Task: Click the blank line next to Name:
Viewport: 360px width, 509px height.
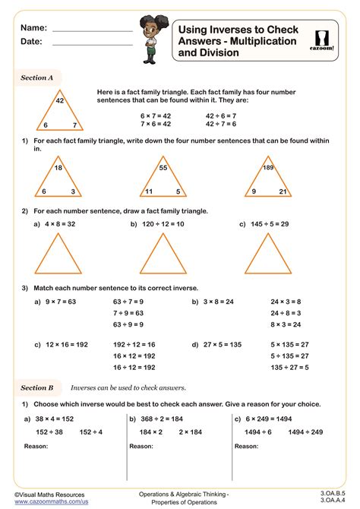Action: [x=92, y=30]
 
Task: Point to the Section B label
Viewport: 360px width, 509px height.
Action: [x=37, y=387]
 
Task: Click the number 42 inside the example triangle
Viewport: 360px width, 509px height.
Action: [x=60, y=100]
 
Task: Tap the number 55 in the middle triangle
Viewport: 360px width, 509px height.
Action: [x=163, y=166]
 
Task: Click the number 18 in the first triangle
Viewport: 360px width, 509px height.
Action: [x=58, y=166]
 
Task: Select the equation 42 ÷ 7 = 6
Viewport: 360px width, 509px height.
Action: [x=220, y=124]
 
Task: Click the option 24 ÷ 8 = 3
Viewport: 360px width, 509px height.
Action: [x=286, y=312]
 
